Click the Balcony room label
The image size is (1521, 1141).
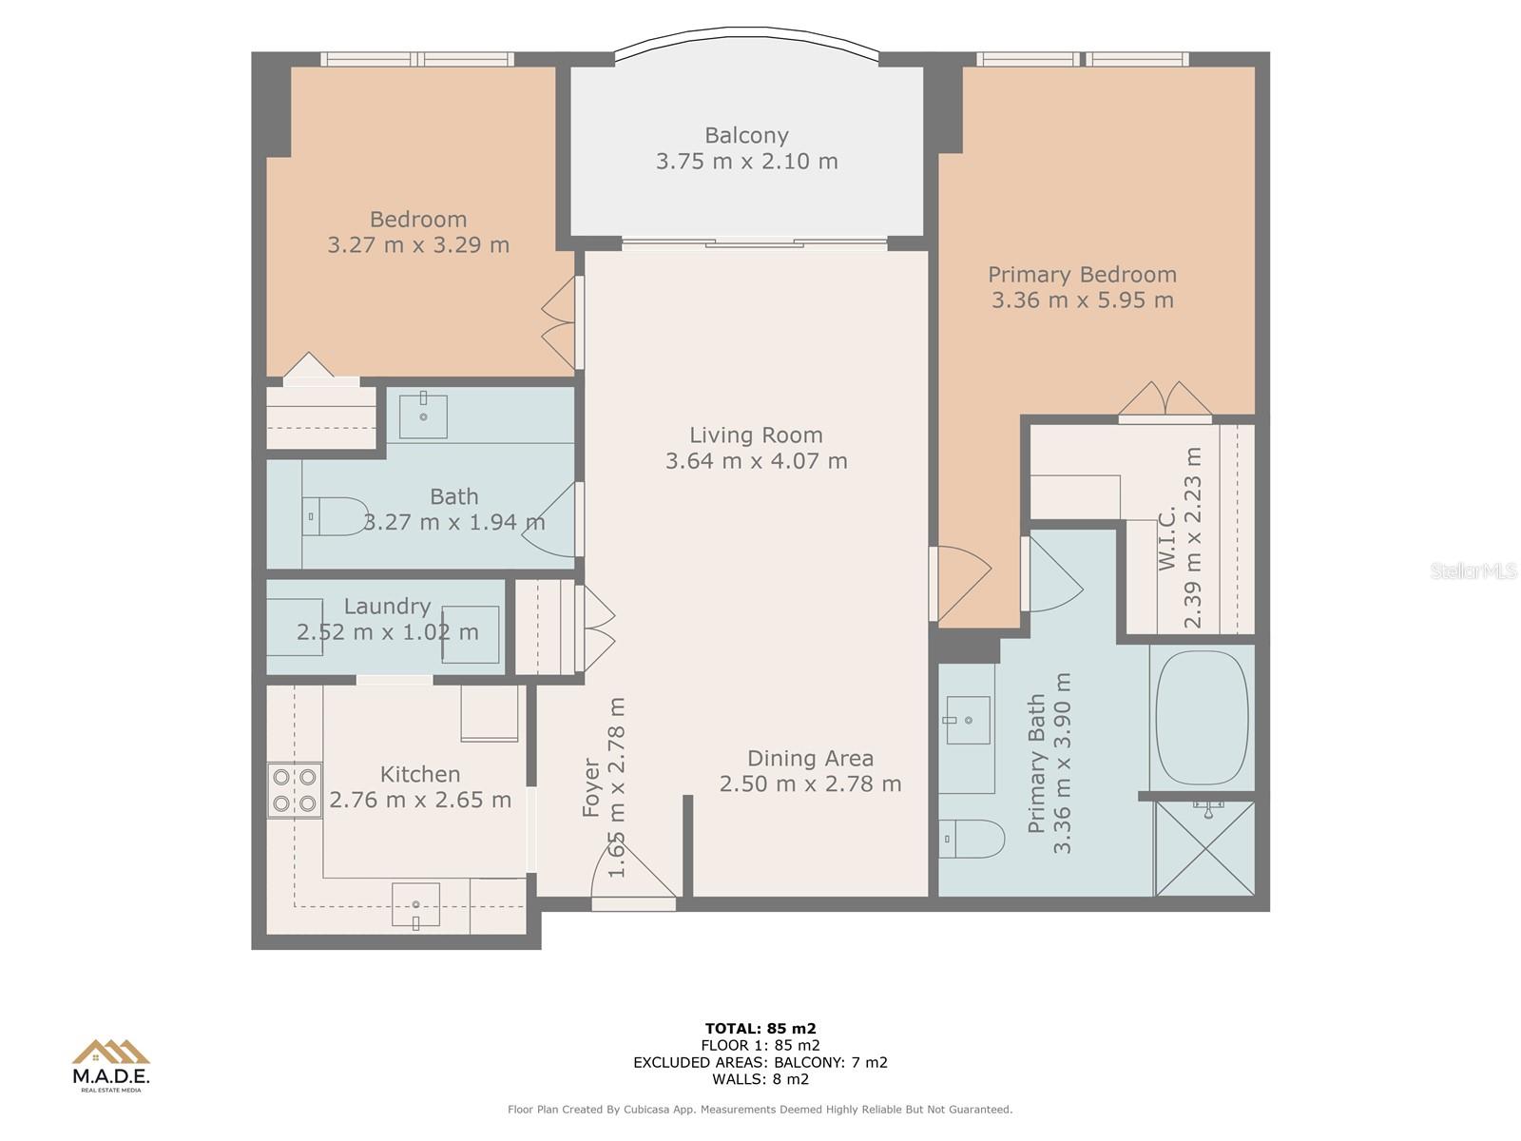(746, 135)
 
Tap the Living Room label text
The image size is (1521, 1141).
(756, 435)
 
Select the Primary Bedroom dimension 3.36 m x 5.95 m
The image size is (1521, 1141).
(1083, 300)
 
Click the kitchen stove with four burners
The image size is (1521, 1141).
(295, 790)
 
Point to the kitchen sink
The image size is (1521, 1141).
(415, 905)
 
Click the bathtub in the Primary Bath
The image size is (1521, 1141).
(1203, 717)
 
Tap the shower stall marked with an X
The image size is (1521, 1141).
(1205, 849)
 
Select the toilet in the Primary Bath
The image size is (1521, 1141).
(972, 839)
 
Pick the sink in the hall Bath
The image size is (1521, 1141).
(423, 416)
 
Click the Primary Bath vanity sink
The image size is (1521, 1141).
(968, 720)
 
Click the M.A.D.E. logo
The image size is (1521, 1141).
(111, 1065)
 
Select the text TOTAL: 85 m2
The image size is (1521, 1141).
(760, 1028)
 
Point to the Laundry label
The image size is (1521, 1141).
(387, 607)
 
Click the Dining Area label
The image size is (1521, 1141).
(810, 758)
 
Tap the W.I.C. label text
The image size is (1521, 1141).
(1168, 538)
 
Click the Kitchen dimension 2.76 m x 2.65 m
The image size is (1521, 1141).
(420, 800)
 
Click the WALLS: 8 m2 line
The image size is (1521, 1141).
(760, 1078)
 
